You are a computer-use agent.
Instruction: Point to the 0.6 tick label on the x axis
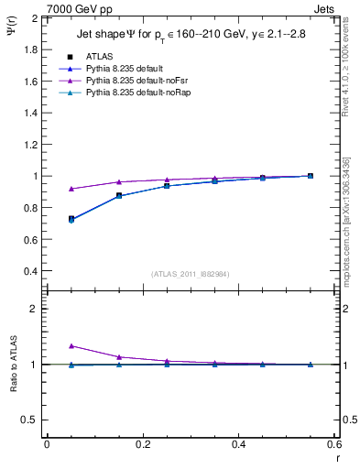coord(333,444)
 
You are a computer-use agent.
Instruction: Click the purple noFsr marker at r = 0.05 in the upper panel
coord(71,189)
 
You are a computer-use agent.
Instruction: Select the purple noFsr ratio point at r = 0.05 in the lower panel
coord(71,346)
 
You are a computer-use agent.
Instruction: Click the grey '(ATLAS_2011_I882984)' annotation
coord(191,274)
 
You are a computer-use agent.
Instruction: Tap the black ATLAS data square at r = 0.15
coord(119,195)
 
